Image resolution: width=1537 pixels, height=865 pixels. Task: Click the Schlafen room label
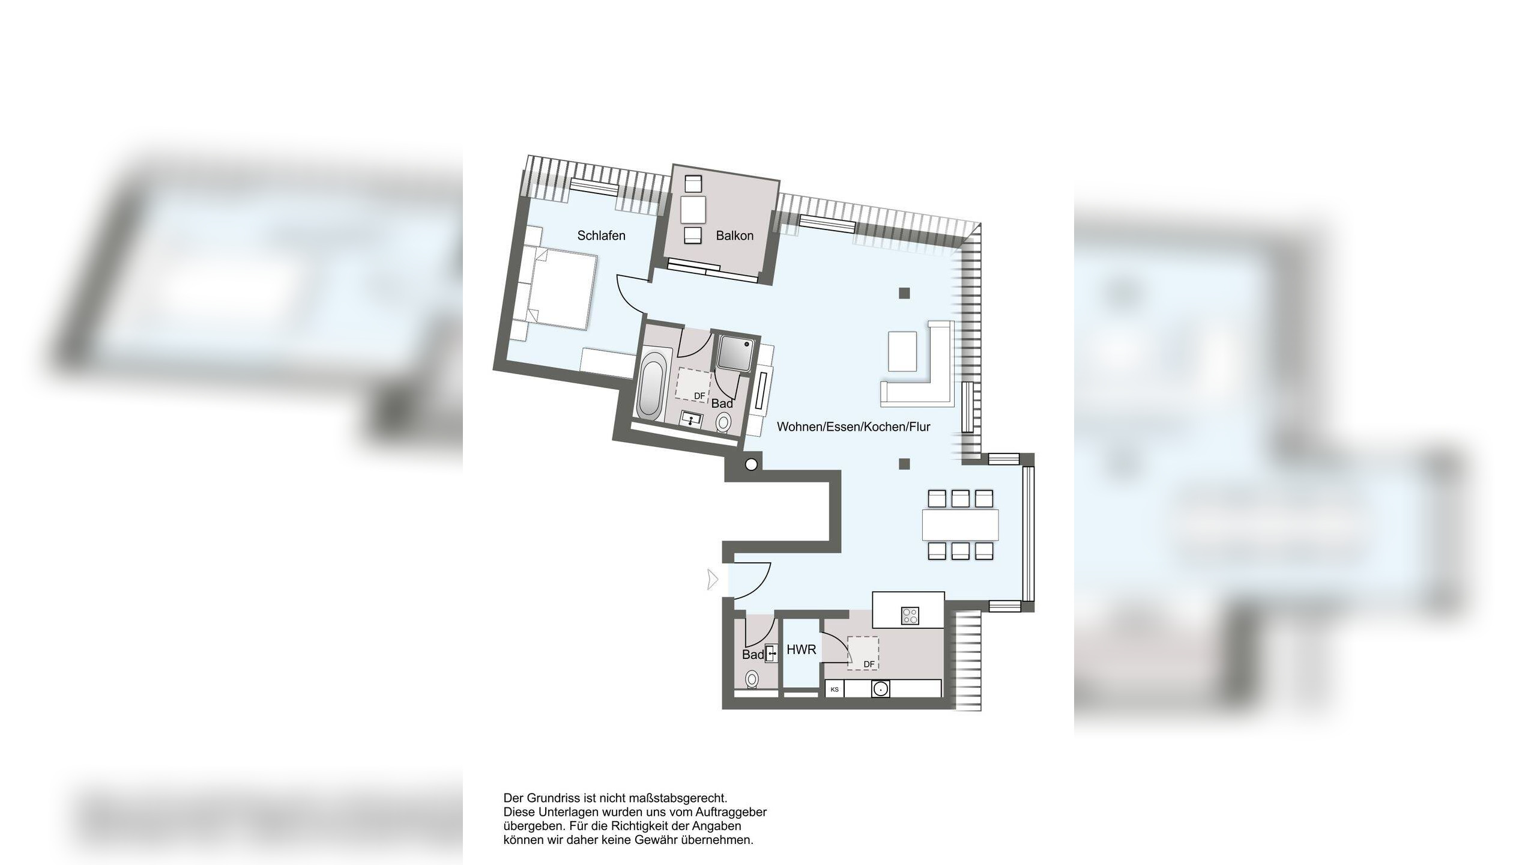(x=601, y=235)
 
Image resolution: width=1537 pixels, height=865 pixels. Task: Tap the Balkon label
(x=734, y=235)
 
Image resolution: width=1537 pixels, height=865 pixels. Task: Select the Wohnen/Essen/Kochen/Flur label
(x=853, y=426)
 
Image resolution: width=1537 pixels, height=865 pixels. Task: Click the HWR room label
(x=801, y=649)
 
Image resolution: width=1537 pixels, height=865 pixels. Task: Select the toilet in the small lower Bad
(x=751, y=679)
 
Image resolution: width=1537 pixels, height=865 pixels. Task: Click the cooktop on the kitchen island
(x=910, y=616)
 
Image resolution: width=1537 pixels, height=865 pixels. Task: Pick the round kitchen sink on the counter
(x=880, y=688)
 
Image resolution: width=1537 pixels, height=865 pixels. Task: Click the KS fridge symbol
(x=835, y=689)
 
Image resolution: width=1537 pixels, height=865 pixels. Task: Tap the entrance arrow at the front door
(x=713, y=580)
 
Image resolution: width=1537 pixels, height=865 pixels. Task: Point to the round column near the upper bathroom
(x=751, y=464)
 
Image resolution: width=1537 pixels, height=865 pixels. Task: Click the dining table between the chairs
(x=961, y=524)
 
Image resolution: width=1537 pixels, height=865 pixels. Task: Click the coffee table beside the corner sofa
(x=902, y=351)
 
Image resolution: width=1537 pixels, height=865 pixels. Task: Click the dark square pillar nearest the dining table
(x=904, y=464)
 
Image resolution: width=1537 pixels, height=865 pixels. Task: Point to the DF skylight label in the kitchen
(x=869, y=664)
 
